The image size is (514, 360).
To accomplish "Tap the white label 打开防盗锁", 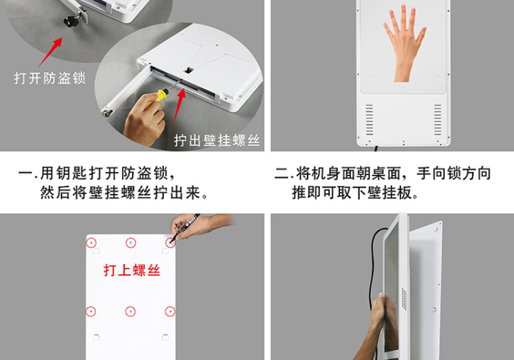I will click(x=49, y=77).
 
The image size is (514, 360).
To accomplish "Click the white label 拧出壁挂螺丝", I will click(x=217, y=140).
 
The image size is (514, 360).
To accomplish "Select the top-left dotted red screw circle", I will click(x=91, y=242).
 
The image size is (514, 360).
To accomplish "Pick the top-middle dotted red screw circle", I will click(x=131, y=242).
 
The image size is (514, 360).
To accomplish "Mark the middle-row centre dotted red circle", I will click(x=131, y=312).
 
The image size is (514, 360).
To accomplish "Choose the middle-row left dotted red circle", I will click(x=91, y=312).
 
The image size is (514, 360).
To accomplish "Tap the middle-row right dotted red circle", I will click(x=170, y=312).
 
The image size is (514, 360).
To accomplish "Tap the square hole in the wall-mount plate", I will click(x=189, y=71).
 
